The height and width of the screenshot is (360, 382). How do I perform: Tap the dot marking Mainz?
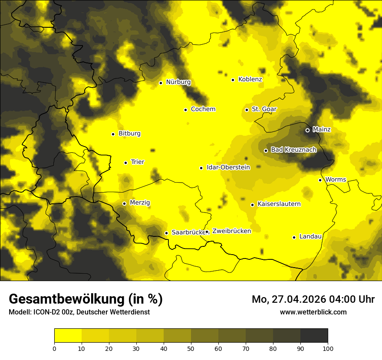(x=307, y=130)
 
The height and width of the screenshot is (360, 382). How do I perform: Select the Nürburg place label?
(x=178, y=82)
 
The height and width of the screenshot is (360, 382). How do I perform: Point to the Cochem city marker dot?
(x=185, y=110)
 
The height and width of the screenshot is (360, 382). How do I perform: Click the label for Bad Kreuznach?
(x=293, y=150)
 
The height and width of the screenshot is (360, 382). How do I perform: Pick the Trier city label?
(x=138, y=162)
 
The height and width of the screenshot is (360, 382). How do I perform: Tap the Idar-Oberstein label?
(x=228, y=167)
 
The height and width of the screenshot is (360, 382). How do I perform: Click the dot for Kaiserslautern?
(x=252, y=205)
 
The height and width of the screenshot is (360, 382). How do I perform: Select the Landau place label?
(x=310, y=236)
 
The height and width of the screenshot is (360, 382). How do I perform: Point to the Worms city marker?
(x=320, y=180)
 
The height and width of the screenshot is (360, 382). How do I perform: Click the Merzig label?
(x=140, y=203)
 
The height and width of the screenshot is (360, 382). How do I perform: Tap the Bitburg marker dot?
(x=113, y=134)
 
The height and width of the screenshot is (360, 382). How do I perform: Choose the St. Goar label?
(x=264, y=109)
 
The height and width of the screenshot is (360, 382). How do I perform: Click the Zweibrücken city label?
(x=231, y=231)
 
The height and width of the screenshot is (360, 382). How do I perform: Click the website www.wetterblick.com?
(x=313, y=312)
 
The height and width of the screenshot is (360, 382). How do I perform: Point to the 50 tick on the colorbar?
(x=191, y=348)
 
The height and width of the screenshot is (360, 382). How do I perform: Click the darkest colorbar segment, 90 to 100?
(x=314, y=335)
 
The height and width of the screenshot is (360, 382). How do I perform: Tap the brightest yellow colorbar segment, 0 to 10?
(x=68, y=335)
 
